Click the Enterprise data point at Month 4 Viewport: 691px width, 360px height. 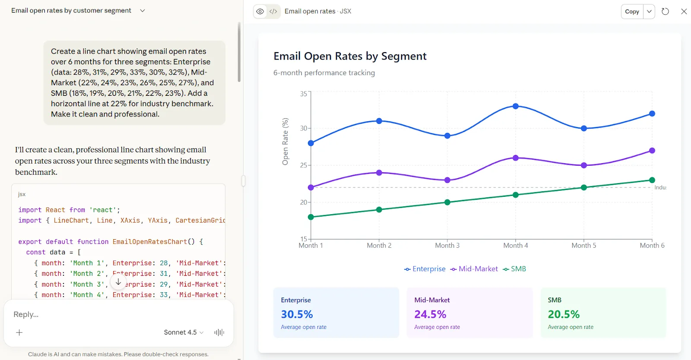click(516, 106)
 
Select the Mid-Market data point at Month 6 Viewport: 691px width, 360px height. click(652, 150)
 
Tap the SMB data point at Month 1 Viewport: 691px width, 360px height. click(311, 217)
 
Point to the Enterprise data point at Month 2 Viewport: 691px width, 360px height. click(379, 121)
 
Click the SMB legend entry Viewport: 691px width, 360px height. click(514, 269)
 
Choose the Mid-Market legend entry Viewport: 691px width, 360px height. click(474, 269)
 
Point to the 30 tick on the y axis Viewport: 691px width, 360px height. click(304, 128)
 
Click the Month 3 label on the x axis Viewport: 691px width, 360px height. click(447, 245)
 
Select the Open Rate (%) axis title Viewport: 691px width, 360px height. click(285, 142)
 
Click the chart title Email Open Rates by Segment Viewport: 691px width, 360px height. click(350, 56)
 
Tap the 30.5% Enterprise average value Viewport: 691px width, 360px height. click(297, 314)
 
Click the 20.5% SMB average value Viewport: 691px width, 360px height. click(564, 314)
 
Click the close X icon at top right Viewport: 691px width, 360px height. click(684, 11)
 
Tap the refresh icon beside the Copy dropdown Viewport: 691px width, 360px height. click(665, 11)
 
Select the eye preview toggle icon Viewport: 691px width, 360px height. click(260, 11)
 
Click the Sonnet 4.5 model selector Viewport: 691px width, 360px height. click(184, 332)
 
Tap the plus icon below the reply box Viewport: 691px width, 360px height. click(19, 332)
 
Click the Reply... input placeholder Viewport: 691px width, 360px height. click(26, 314)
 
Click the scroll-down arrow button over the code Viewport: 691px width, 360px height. click(118, 282)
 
